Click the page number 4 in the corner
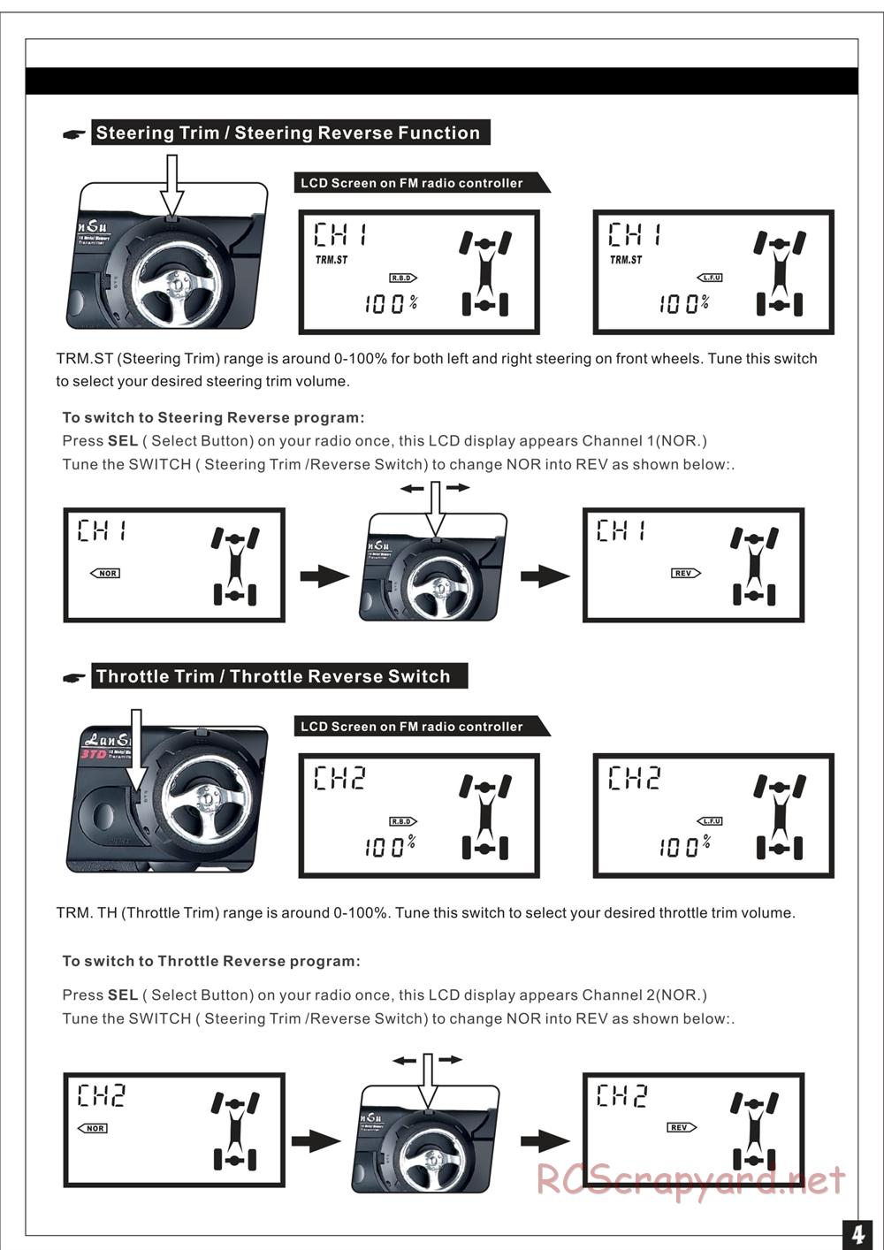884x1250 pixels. point(857,1233)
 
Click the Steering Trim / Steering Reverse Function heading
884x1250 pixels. point(288,133)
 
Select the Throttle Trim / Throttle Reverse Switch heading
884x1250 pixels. point(273,677)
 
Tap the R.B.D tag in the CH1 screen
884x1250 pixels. point(403,278)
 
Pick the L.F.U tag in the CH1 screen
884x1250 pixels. point(711,278)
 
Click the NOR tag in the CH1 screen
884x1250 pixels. point(106,574)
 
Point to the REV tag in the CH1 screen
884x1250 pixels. point(685,574)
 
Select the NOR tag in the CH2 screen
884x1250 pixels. point(93,1128)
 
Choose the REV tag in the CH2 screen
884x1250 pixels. point(681,1127)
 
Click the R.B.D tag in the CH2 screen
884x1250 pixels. point(403,821)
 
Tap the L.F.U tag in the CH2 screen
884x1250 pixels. point(711,821)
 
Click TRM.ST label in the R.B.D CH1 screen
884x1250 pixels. point(331,260)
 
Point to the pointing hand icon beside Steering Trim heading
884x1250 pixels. point(74,134)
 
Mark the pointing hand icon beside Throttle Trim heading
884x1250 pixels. point(74,678)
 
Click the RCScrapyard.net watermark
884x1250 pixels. point(690,1179)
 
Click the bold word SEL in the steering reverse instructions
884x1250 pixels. point(123,441)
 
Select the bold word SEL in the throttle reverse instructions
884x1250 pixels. point(123,995)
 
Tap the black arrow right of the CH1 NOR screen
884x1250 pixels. point(324,577)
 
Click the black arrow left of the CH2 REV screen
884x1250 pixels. point(545,1141)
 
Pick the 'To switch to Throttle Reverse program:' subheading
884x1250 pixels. point(211,961)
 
